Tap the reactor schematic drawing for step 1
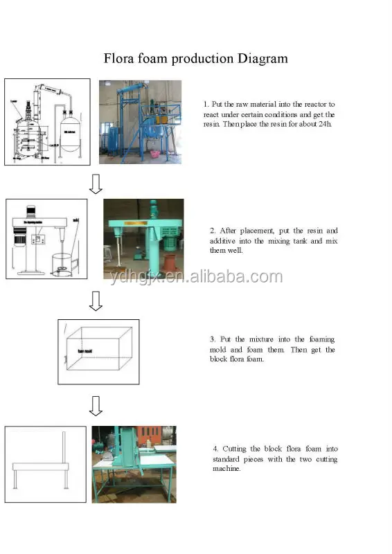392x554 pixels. [x=47, y=122]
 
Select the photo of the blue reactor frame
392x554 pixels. [x=140, y=122]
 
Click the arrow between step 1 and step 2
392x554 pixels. [x=96, y=184]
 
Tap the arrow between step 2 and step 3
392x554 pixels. [x=96, y=301]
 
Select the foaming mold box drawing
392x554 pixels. [x=98, y=351]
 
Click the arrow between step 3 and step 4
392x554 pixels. [x=96, y=406]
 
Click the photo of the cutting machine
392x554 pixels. [x=134, y=464]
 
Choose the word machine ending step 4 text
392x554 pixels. [x=226, y=469]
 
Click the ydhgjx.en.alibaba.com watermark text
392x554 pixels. [x=196, y=277]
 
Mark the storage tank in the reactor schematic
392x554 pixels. [x=69, y=128]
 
